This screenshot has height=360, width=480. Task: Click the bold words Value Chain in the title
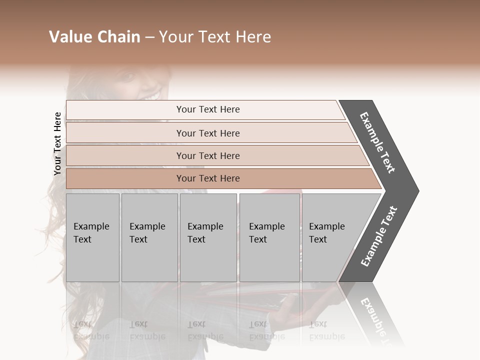(94, 37)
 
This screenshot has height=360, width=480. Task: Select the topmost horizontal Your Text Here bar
(207, 109)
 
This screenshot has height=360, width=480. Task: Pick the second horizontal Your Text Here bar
(207, 133)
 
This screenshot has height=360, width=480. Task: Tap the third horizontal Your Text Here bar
(207, 155)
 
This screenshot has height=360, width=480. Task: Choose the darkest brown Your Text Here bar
(207, 178)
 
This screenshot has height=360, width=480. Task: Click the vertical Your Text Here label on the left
(57, 144)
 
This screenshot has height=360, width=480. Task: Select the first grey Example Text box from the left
(92, 237)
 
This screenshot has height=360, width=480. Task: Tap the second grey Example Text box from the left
(149, 237)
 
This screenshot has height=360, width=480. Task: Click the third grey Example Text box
(208, 237)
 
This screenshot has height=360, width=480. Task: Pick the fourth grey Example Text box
(269, 237)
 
